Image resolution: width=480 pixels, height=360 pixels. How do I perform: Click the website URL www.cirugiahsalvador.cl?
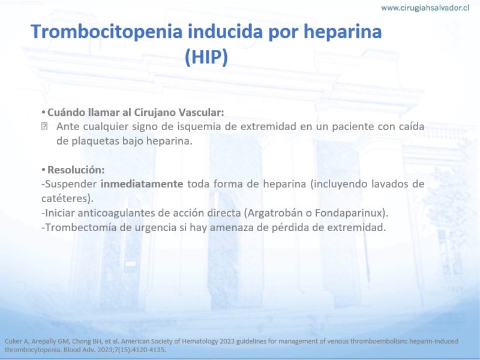pyautogui.click(x=425, y=8)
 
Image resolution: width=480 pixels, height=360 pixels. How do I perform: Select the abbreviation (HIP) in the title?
pyautogui.click(x=206, y=57)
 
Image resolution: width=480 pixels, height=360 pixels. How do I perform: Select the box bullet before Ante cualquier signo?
pyautogui.click(x=44, y=127)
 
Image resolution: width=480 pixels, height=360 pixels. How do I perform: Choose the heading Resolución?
pyautogui.click(x=76, y=170)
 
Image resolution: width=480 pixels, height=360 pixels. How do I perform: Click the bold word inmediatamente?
pyautogui.click(x=142, y=184)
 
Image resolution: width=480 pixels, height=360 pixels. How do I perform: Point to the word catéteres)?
pyautogui.click(x=67, y=199)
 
